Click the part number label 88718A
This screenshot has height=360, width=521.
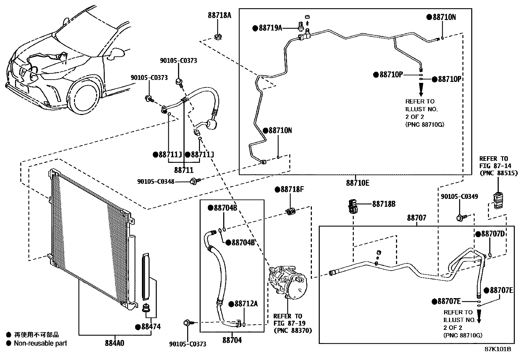pos(219,15)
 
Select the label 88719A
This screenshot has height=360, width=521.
pos(270,28)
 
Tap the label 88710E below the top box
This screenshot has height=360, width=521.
pos(357,183)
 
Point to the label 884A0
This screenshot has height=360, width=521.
pos(115,343)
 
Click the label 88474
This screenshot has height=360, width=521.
pos(151,327)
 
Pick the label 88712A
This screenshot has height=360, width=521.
pos(246,304)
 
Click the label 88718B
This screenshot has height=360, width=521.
pos(384,204)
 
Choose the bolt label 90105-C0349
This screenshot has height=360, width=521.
pos(459,197)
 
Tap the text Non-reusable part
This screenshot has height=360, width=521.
pos(40,343)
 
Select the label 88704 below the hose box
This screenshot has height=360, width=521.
pos(232,340)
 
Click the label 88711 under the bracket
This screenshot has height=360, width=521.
pos(184,170)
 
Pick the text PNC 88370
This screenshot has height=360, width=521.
pos(293,330)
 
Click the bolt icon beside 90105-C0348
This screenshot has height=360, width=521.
pos(195,180)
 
